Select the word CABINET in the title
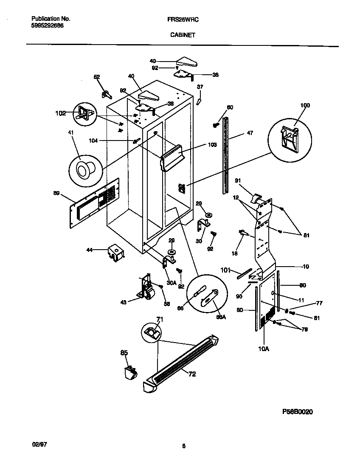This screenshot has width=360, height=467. click(x=183, y=36)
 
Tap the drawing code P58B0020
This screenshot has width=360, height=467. click(x=298, y=412)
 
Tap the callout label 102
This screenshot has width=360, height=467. click(x=61, y=113)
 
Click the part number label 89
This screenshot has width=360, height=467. click(x=56, y=193)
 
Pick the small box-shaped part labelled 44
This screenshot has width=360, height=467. click(x=115, y=253)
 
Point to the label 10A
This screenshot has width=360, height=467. click(x=264, y=349)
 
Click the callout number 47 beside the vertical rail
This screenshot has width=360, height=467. click(x=249, y=132)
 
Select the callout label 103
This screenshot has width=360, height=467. click(x=212, y=145)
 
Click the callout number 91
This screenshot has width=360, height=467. click(x=238, y=180)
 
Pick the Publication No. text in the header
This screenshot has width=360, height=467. click(x=51, y=19)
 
